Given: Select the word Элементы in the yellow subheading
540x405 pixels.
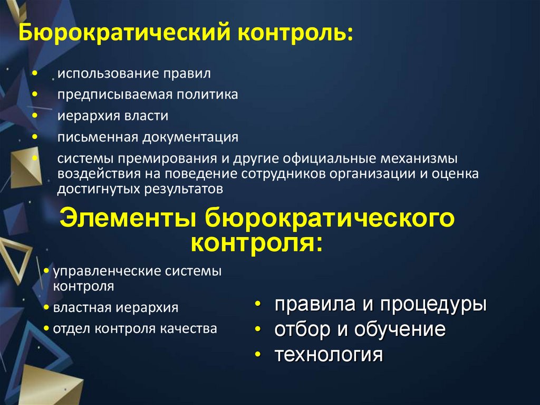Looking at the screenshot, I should coord(127,219).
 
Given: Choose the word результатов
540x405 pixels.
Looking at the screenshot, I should coord(173,188).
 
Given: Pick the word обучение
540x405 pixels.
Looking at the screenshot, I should coord(400,330).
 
